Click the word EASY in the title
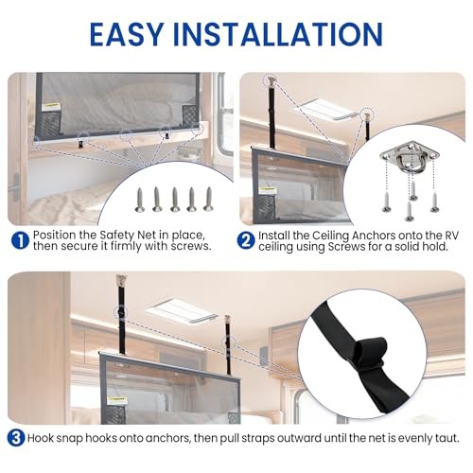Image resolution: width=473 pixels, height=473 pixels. pyautogui.click(x=127, y=34)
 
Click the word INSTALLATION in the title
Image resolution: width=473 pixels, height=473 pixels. pyautogui.click(x=278, y=34)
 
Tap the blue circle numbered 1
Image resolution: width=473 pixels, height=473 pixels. pyautogui.click(x=20, y=240)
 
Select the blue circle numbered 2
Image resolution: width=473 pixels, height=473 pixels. pyautogui.click(x=246, y=240)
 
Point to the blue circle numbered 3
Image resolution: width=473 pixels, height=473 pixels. pyautogui.click(x=16, y=438)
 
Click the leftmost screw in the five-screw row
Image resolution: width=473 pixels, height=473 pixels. pyautogui.click(x=139, y=200)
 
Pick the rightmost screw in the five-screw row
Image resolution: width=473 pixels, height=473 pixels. pyautogui.click(x=208, y=199)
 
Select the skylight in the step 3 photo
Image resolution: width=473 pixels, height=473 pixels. pyautogui.click(x=183, y=311)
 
